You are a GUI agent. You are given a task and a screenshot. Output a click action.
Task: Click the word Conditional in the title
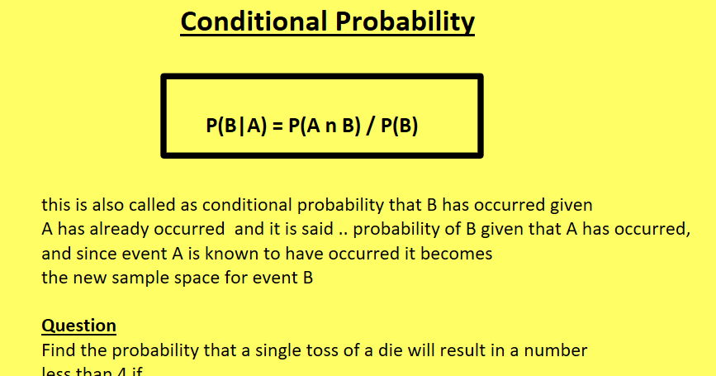[x=253, y=22]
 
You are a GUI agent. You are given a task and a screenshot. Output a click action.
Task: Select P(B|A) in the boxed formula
[x=234, y=127]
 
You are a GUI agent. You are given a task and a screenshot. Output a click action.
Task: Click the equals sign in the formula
[x=277, y=127]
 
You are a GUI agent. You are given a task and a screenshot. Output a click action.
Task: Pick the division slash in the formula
[x=372, y=127]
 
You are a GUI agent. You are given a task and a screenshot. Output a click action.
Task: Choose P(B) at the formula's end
[x=399, y=127]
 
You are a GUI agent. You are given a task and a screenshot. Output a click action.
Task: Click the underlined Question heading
[x=78, y=326]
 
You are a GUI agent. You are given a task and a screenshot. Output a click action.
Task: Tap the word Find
[x=58, y=350]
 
